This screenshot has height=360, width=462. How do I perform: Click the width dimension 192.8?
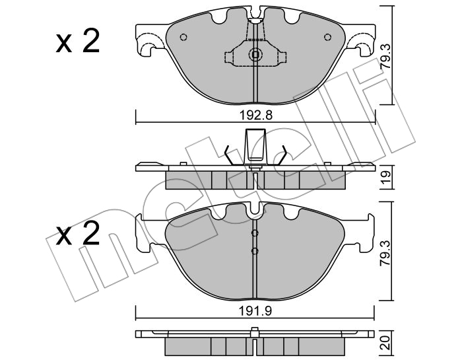tap(255, 116)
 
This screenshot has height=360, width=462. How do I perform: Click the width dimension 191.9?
tap(255, 310)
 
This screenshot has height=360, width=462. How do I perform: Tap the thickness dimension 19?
tap(386, 177)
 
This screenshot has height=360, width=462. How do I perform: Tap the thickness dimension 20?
tap(386, 343)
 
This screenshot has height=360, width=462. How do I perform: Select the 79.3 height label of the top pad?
tap(386, 57)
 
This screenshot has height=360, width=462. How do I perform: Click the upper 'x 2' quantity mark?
tap(78, 42)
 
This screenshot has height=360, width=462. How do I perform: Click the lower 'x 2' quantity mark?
tap(78, 234)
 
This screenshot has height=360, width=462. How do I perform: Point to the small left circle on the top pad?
tap(183, 37)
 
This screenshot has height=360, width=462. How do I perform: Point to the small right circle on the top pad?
tap(327, 37)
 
